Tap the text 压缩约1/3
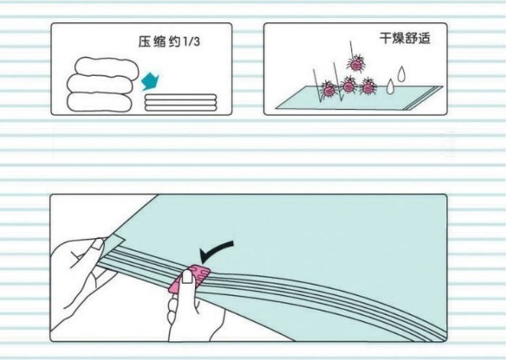point(170,44)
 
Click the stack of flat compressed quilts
point(180,102)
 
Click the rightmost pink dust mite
point(368,85)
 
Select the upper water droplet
point(401,74)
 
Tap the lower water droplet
point(390,88)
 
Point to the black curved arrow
point(217,251)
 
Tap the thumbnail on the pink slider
point(189,276)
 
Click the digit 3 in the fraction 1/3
point(196,44)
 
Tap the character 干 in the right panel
point(385,38)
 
